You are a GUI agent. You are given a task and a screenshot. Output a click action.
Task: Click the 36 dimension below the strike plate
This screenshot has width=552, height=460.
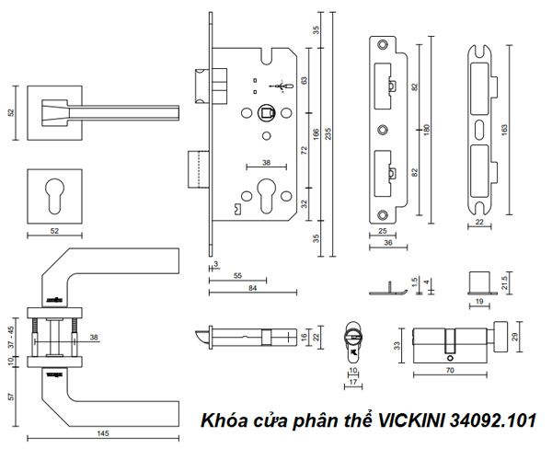coord(386,243)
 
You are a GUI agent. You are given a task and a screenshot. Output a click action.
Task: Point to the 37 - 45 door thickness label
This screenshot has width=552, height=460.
coord(10,339)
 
